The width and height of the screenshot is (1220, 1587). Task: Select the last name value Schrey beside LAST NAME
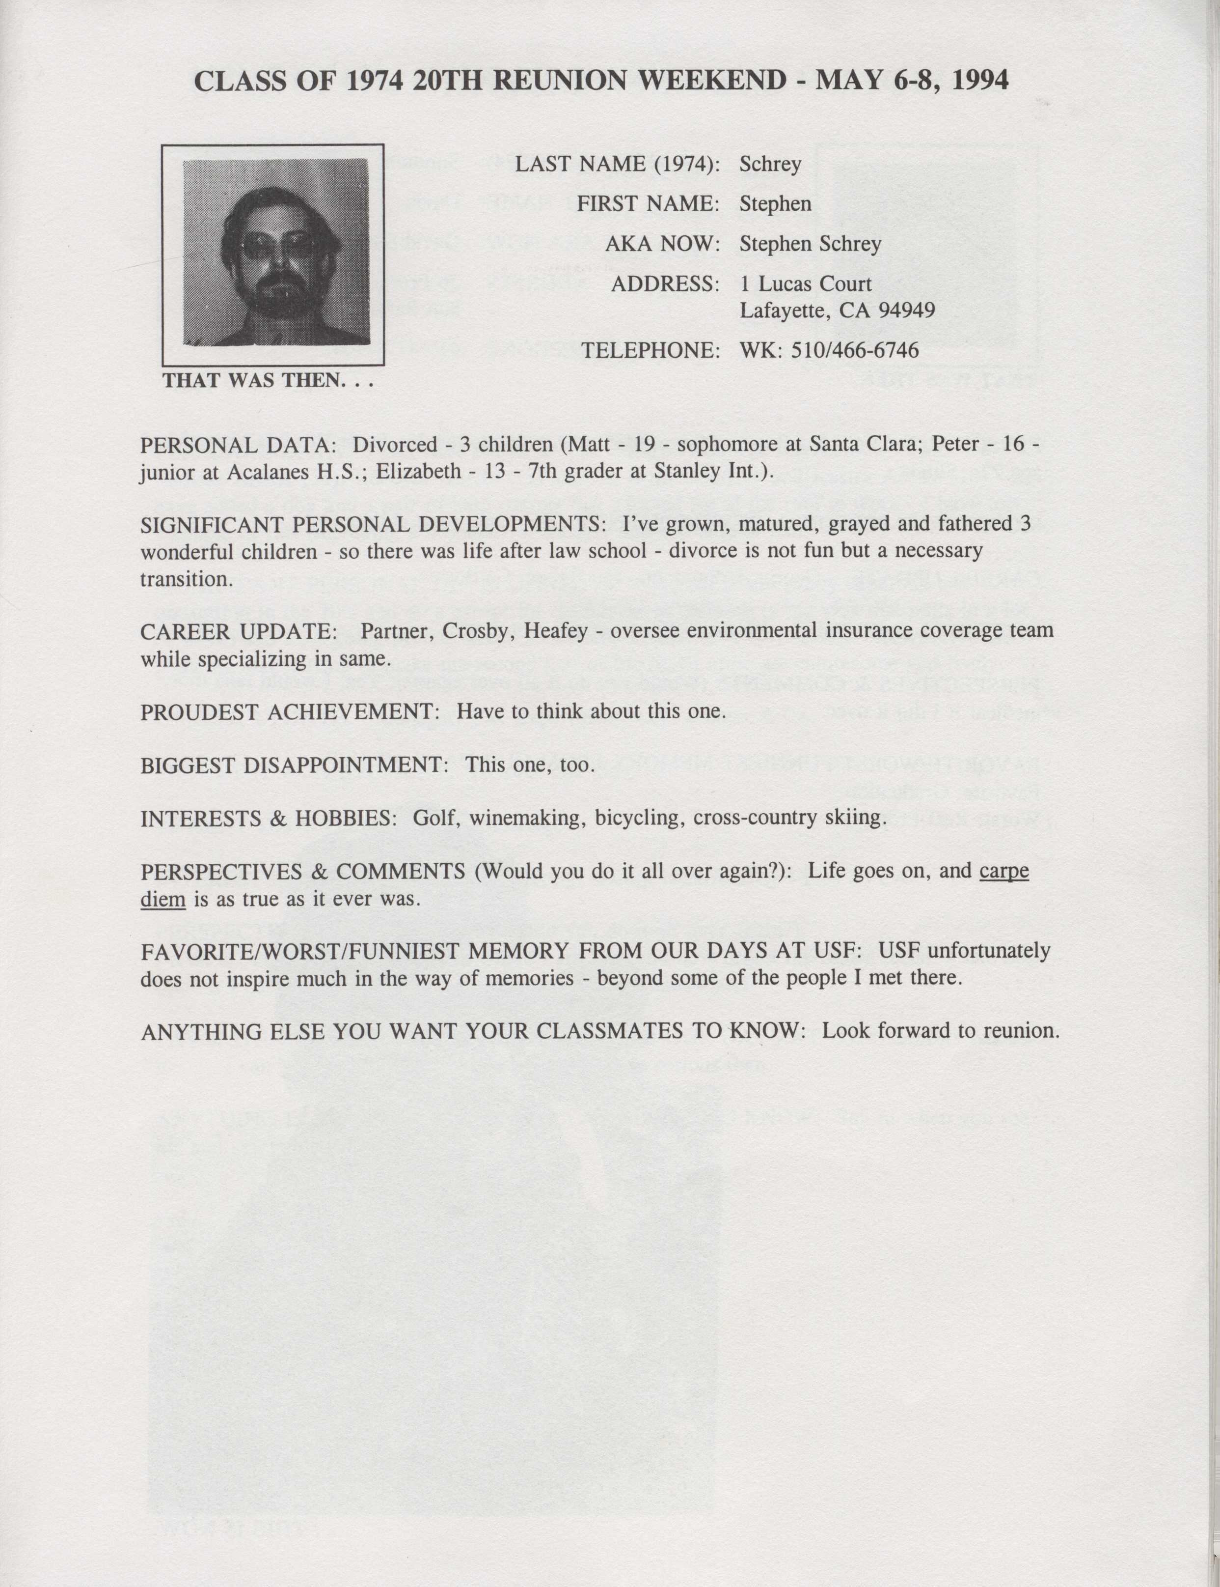pos(770,164)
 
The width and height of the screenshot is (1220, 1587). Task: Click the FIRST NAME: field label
pos(648,204)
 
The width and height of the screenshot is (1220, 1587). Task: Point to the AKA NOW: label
pos(662,244)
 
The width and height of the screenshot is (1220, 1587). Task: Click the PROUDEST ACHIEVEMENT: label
pos(290,711)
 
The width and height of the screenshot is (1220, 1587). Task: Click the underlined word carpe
pos(1003,871)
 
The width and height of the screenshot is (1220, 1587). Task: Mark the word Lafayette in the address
pos(783,311)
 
